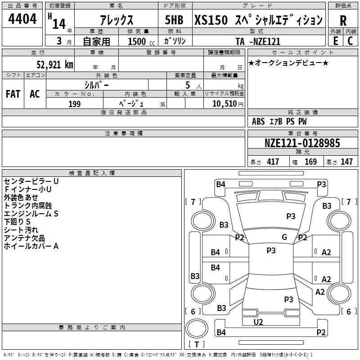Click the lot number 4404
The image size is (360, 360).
(22, 19)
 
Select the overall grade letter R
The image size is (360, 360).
(343, 21)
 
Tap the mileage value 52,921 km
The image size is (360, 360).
(55, 65)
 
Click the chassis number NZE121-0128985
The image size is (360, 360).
(302, 143)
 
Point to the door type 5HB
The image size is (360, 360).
(174, 20)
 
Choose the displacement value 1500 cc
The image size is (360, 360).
(141, 41)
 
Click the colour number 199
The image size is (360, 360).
(74, 104)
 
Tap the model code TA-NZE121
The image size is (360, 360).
(258, 41)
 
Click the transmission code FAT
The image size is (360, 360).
(13, 94)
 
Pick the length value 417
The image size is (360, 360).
(273, 162)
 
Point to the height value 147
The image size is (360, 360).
(346, 162)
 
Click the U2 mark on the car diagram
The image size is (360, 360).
(258, 322)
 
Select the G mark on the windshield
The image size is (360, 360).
(284, 237)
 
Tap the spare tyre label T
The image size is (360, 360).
(197, 344)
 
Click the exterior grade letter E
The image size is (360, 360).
(335, 41)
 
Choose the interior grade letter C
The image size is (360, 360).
(350, 41)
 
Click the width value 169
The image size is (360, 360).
(310, 162)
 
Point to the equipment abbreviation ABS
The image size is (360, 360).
(258, 121)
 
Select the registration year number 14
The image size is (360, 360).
(59, 24)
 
